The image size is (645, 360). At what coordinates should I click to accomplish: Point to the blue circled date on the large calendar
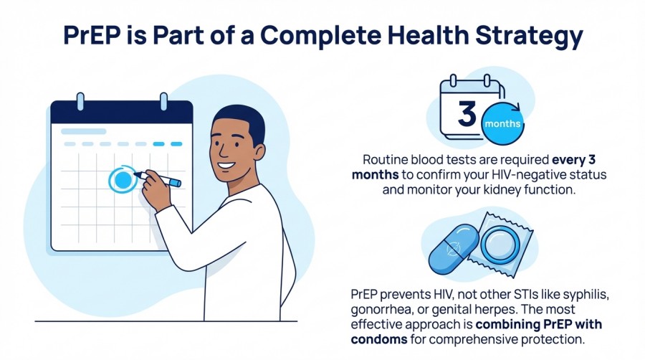click(x=123, y=179)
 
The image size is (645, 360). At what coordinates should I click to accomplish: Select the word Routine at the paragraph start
click(x=385, y=159)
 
